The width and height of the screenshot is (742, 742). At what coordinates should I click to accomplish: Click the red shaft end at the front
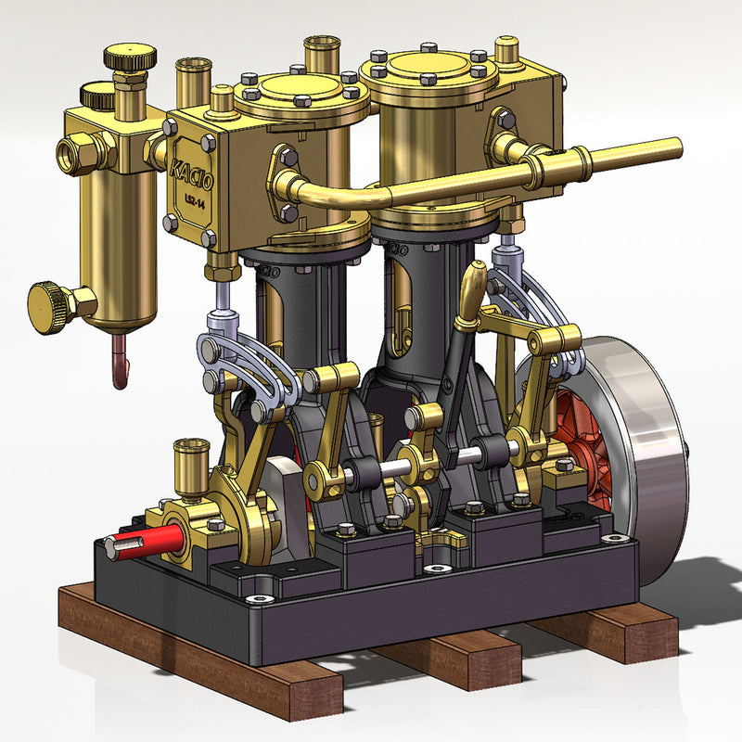coord(139,543)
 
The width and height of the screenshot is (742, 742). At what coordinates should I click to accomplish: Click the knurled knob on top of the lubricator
coord(129,58)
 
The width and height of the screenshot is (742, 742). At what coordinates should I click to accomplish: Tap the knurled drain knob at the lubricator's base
coord(52,305)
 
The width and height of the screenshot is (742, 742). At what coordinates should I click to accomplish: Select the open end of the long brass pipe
coord(675,147)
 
